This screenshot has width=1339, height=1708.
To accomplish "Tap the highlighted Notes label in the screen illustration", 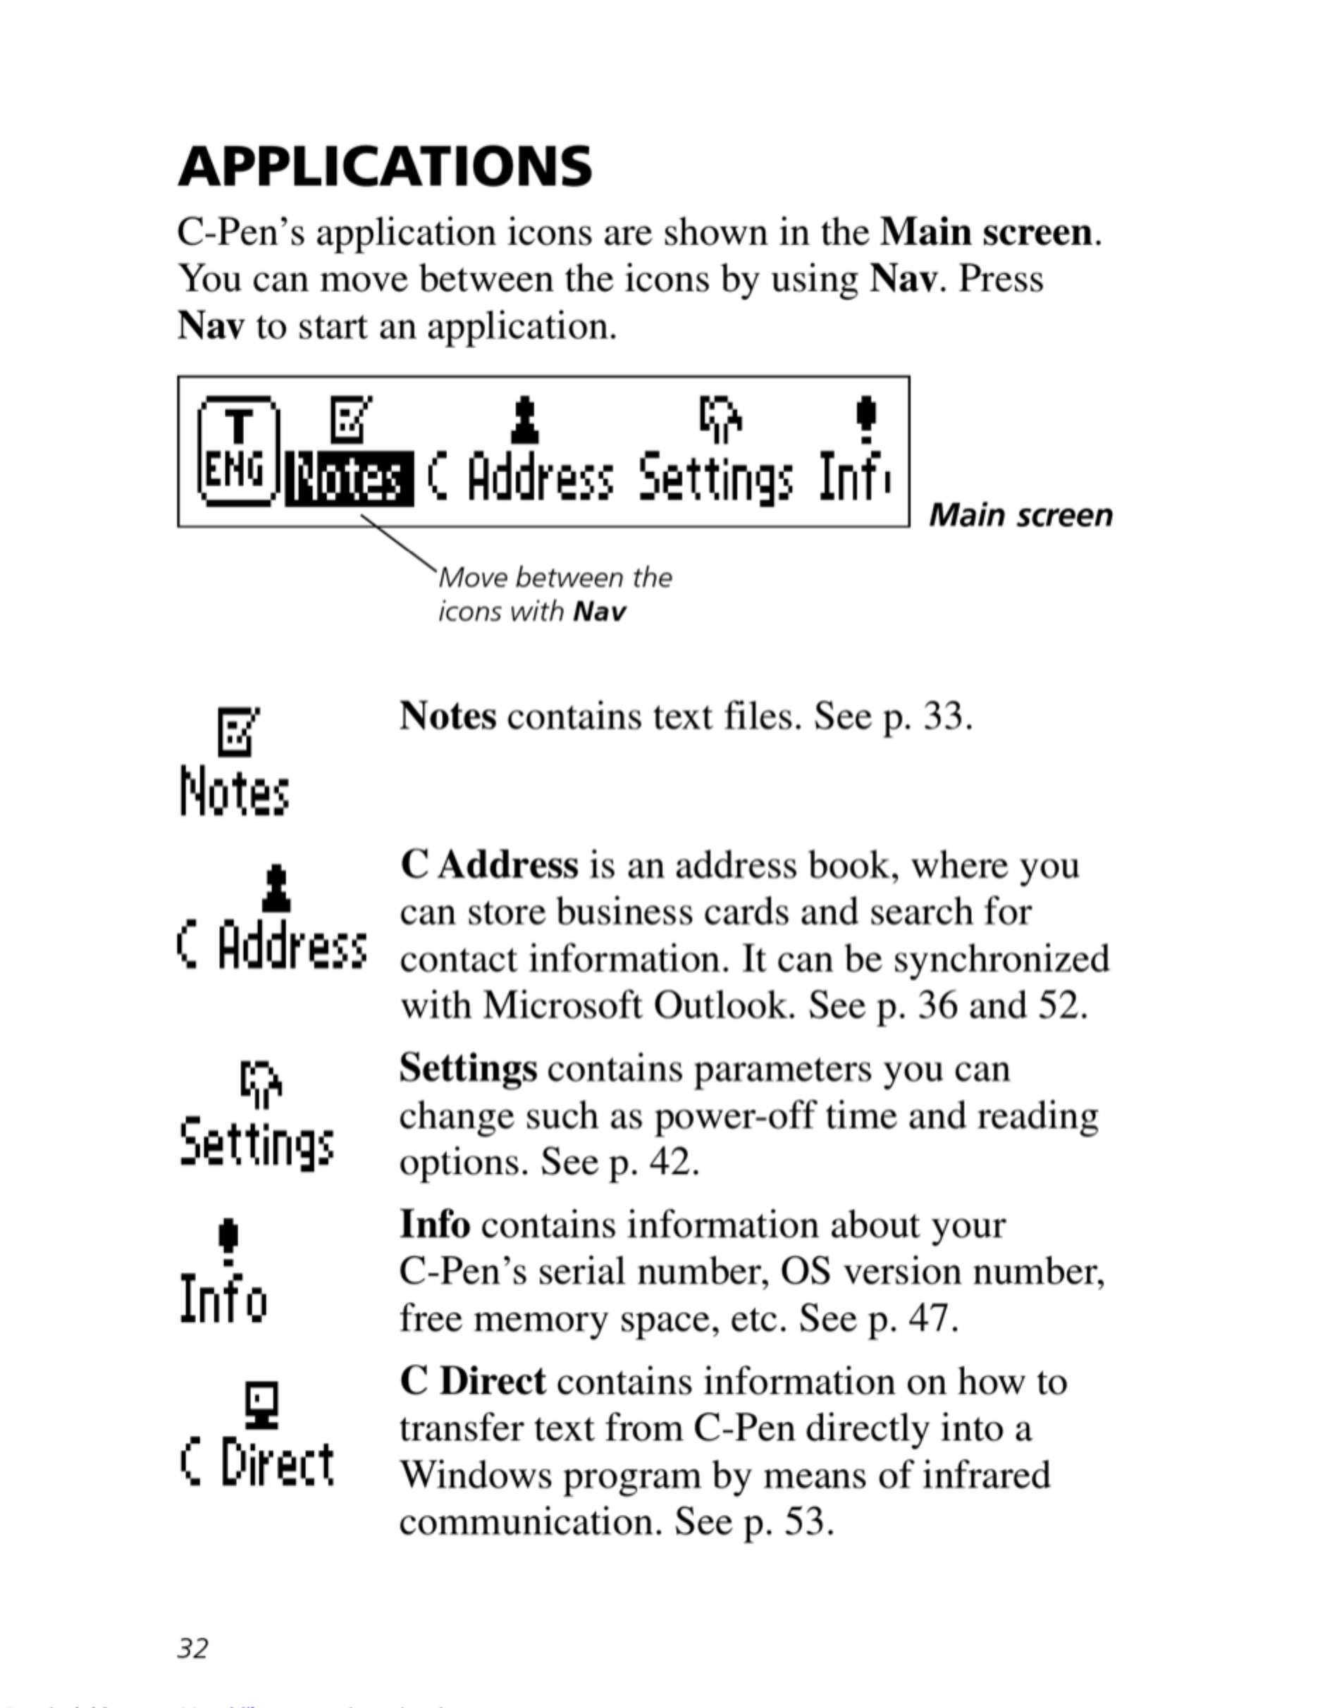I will point(349,479).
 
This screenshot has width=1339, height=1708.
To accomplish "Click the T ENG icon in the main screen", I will point(238,450).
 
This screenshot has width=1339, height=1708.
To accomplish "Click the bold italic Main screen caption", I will point(1020,516).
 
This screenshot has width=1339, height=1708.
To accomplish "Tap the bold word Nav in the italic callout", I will point(600,612).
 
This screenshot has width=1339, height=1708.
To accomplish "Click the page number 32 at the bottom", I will point(193,1647).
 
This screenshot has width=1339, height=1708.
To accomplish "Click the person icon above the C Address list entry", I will point(275,888).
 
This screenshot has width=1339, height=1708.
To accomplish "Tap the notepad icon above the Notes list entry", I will point(237,731).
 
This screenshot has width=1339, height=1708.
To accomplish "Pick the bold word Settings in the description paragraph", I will point(468,1068).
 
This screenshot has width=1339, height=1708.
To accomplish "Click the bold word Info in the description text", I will point(435,1225).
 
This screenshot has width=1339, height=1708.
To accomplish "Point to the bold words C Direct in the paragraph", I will point(473,1381).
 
